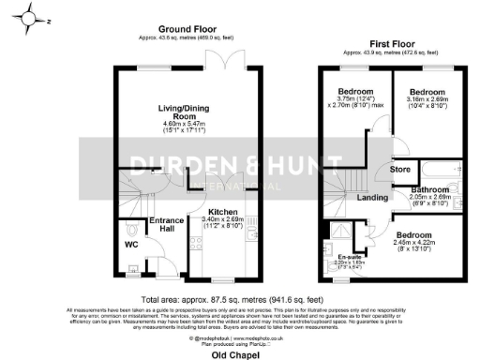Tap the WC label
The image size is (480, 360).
pos(131,246)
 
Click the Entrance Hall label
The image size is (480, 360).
pos(166,225)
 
